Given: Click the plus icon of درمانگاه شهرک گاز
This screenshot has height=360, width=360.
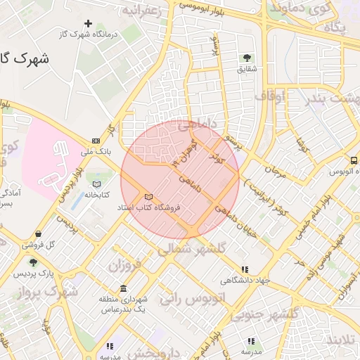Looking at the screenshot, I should click(88, 23).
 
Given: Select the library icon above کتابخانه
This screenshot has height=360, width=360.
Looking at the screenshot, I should click(96, 184).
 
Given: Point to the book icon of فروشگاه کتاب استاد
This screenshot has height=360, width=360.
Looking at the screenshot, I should click(148, 197).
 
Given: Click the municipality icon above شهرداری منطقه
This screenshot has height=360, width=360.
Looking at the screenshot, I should click(124, 289).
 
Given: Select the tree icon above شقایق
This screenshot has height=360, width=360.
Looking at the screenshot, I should click(247, 58).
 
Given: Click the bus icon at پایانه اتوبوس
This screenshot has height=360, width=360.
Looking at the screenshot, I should click(353, 160).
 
